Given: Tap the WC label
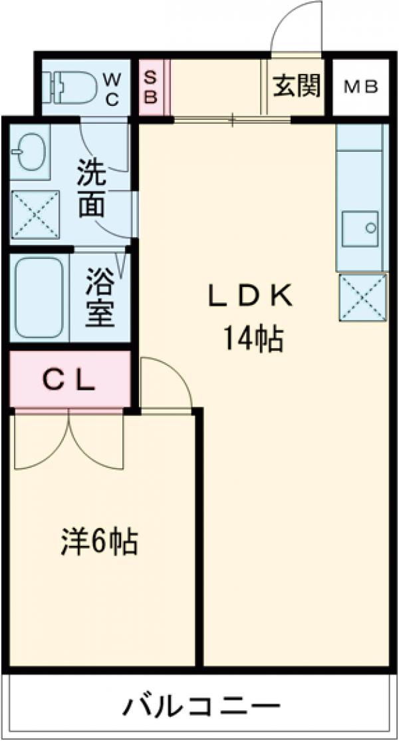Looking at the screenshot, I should point(111,89).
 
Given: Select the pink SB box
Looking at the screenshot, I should point(150,87).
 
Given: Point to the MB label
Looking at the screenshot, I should point(361,87).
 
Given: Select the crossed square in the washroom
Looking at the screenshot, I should point(35,214).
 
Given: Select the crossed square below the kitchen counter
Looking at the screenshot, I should point(362,297).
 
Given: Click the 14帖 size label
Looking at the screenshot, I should point(252,340).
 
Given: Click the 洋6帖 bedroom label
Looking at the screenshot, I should point(100,541).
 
